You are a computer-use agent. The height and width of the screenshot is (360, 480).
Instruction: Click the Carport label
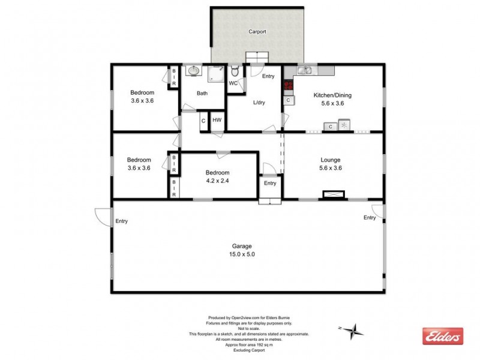pos(257,32)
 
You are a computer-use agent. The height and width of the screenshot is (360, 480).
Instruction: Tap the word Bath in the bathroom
pos(202,93)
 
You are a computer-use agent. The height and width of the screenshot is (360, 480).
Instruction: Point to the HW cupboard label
pos(217,120)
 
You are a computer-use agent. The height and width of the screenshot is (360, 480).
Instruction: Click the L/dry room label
pos(259,103)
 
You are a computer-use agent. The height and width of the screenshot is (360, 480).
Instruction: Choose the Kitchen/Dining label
pos(332,95)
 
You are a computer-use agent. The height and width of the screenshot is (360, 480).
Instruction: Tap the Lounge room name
pos(331,160)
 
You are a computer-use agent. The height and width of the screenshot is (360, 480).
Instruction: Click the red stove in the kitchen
pos(288,85)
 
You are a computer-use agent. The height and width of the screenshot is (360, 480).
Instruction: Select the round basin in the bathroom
pos(193,71)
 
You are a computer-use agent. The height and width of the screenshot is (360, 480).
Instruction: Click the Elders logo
pos(443,336)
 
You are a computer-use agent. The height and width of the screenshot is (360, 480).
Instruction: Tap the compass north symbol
pos(355,329)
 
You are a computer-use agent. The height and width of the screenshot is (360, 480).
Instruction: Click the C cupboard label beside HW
pos(203,120)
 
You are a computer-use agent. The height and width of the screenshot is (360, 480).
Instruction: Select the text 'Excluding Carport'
pos(248,349)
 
